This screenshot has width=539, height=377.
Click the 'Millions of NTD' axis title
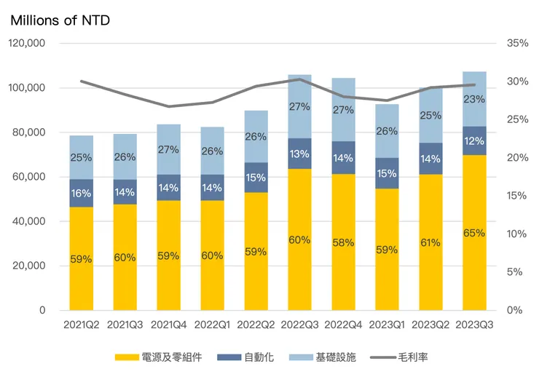coord(60,20)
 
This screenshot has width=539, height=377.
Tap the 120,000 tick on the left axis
coord(26,44)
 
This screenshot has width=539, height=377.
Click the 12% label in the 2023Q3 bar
coord(474,141)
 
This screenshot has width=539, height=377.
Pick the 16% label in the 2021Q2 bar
coord(81,194)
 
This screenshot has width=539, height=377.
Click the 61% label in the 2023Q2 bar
coord(430,242)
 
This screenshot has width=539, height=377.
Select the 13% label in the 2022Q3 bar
coord(299,154)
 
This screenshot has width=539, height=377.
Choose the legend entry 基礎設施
coord(328,357)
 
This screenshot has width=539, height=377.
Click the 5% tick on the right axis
coord(515,272)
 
